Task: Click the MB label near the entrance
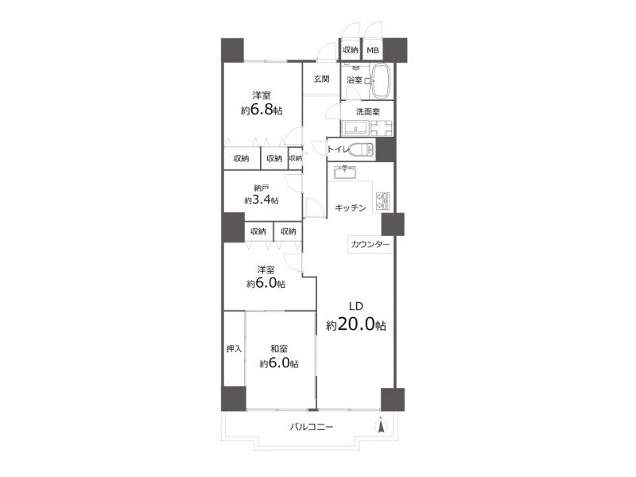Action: tap(373, 50)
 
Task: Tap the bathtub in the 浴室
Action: tap(382, 81)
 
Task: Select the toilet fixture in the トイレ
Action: tap(362, 149)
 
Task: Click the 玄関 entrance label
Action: tap(322, 79)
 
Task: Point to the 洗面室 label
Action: tap(368, 111)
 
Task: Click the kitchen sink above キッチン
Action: tap(345, 172)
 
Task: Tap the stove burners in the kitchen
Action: tap(383, 201)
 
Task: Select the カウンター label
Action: tap(370, 245)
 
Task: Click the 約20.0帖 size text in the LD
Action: tap(355, 324)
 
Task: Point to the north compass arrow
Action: tap(381, 426)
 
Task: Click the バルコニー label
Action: tap(312, 427)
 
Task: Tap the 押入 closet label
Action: tap(234, 348)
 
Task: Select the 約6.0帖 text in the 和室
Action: tap(279, 363)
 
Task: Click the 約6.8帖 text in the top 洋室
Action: tap(262, 110)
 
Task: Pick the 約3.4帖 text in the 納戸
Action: tap(262, 200)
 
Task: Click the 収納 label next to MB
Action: tap(351, 50)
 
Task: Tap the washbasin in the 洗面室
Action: tap(355, 128)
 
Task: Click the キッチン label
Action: tap(351, 208)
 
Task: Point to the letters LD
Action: tap(356, 306)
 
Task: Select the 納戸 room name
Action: tap(262, 188)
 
